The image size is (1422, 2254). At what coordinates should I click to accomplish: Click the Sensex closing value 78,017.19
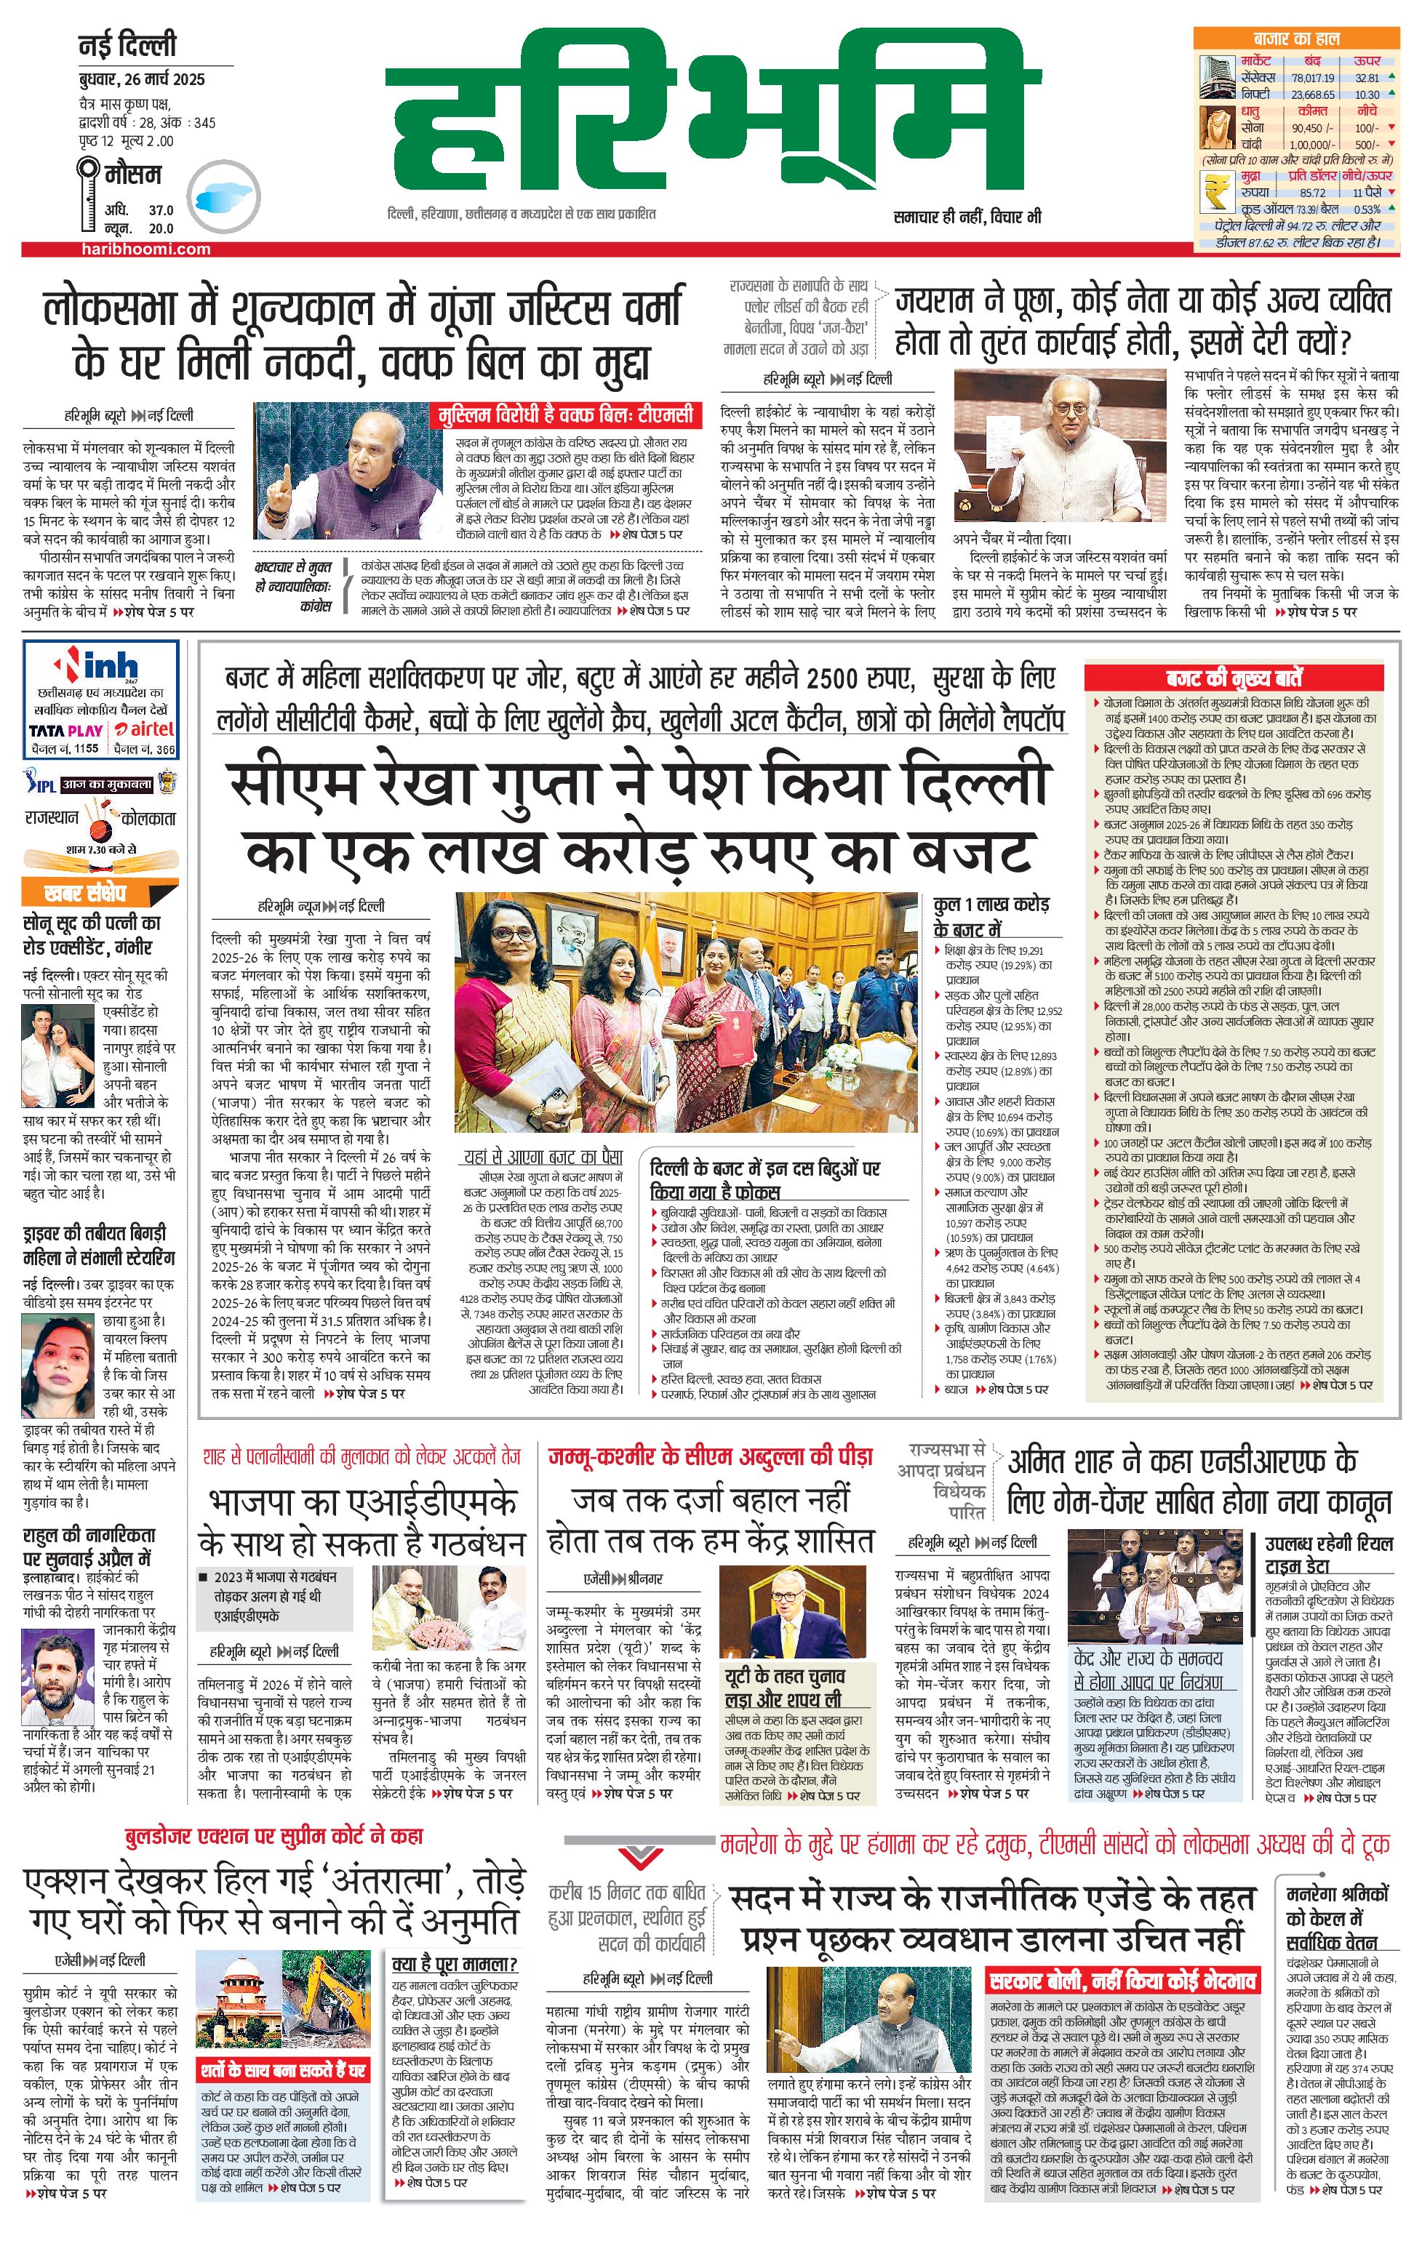coord(1311,79)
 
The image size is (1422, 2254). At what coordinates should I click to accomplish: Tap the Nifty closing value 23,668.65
coord(1312,95)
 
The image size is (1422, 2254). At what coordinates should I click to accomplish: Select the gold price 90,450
coord(1307,128)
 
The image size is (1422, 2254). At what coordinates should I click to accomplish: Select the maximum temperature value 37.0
coord(161,211)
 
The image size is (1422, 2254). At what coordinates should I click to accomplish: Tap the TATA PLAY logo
coord(65,730)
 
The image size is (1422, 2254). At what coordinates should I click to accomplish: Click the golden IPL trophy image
coord(167,782)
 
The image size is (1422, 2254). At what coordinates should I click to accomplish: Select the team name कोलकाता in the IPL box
coord(148,817)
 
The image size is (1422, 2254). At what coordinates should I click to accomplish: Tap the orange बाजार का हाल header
coord(1297,39)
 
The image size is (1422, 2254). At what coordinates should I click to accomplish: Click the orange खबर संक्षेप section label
coord(85,892)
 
